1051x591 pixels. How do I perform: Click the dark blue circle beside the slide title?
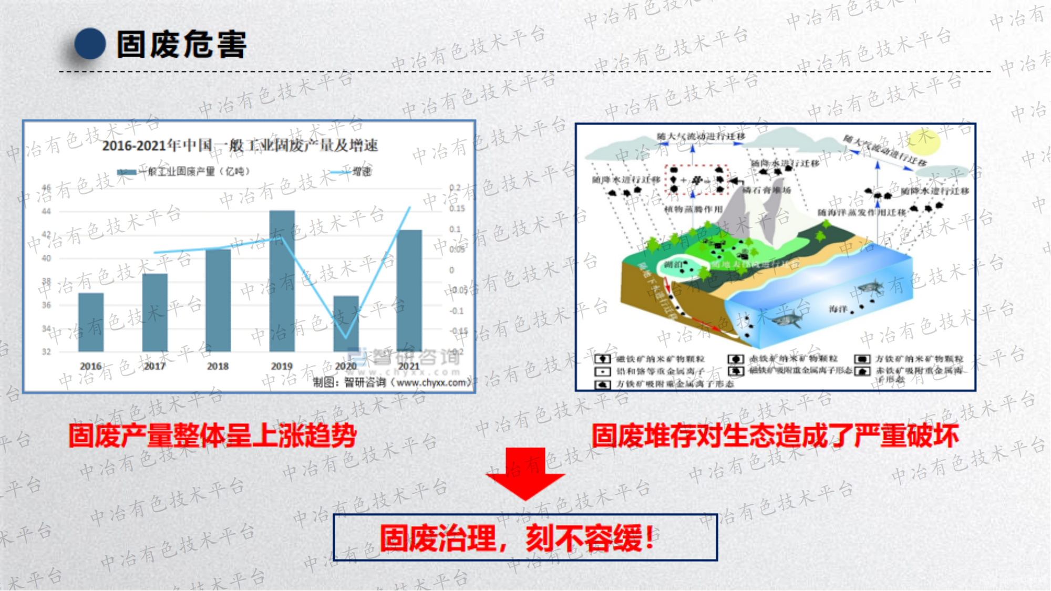[90, 44]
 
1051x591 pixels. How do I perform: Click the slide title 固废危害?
[181, 44]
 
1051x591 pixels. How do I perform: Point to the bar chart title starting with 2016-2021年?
[240, 145]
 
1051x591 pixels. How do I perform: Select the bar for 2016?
[91, 322]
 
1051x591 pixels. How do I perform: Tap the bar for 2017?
[155, 313]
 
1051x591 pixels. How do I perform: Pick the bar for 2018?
[218, 300]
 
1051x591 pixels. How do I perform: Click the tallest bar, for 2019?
[282, 281]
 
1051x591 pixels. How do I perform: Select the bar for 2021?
[409, 291]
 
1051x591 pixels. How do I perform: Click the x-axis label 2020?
[345, 366]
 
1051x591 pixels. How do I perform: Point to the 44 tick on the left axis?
[47, 211]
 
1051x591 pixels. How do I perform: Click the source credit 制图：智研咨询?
[391, 382]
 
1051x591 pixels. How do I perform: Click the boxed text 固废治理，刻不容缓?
[525, 538]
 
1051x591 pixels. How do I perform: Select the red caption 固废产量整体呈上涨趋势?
[213, 436]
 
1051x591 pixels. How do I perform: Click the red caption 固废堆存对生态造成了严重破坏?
[775, 436]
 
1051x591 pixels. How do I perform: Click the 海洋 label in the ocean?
[838, 309]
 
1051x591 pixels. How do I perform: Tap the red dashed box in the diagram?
[696, 179]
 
